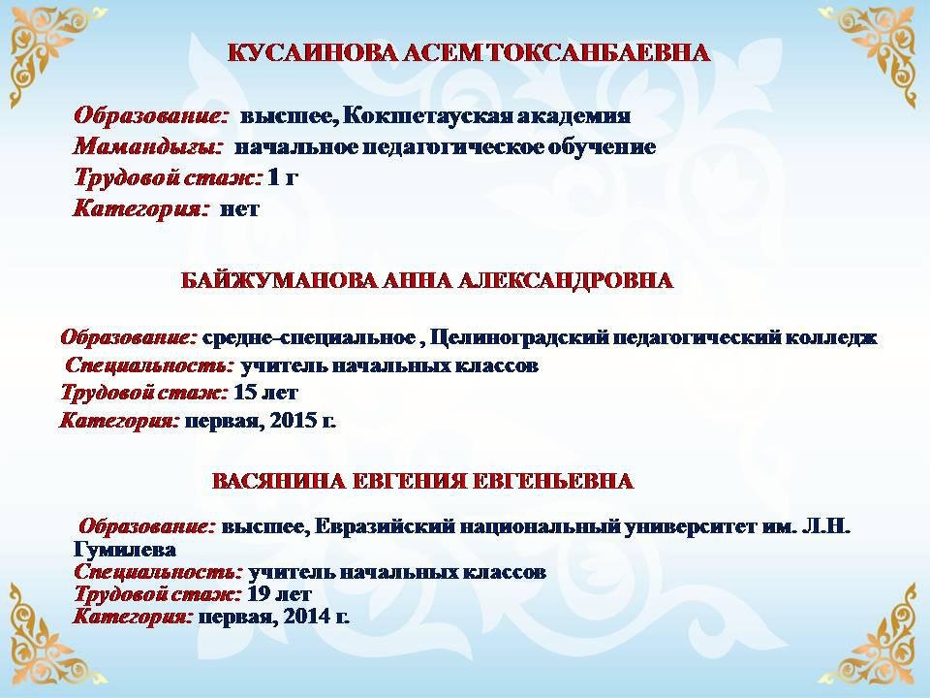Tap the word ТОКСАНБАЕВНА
[x=599, y=52]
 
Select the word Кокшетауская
[x=426, y=115]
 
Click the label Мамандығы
[x=147, y=146]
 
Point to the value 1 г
[x=282, y=176]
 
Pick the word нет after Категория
[x=239, y=209]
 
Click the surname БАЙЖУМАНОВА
[x=278, y=280]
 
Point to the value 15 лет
[x=265, y=393]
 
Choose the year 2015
[x=293, y=421]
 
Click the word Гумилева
[x=125, y=549]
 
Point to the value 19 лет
[x=279, y=593]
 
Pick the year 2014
[x=307, y=617]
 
